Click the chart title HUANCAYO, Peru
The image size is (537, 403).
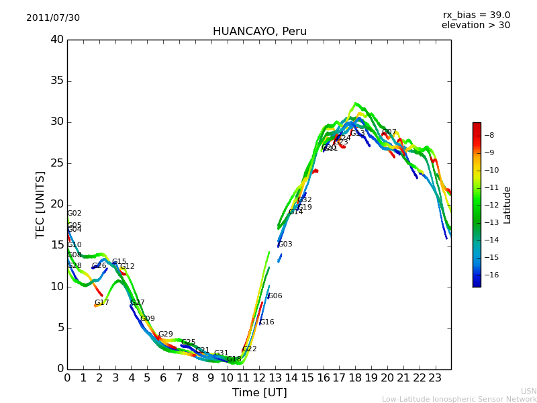259,32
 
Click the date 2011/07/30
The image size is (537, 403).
53,18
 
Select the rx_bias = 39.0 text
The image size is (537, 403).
476,15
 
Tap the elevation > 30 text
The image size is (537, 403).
475,26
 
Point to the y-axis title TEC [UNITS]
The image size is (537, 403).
41,204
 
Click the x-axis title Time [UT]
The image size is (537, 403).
259,393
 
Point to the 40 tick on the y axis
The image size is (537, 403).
57,40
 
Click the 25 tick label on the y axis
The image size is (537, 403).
57,163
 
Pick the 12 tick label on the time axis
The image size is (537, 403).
259,377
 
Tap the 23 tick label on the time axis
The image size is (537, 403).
435,377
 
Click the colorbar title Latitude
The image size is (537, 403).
507,204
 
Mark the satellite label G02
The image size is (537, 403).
75,214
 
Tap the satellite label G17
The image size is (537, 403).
101,303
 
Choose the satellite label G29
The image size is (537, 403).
166,334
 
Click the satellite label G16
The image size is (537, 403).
267,322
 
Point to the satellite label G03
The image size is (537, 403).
285,244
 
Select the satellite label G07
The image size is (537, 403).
389,132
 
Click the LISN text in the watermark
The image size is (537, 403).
528,391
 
